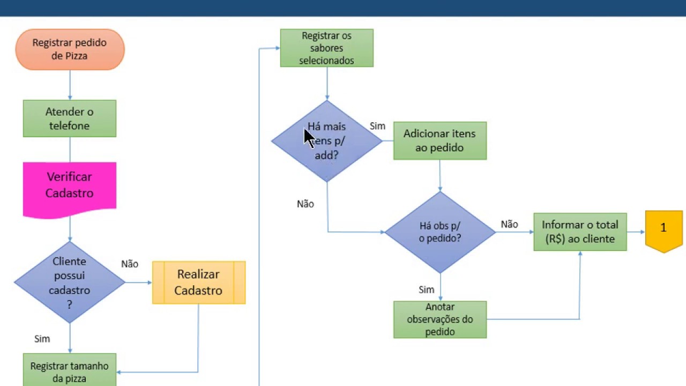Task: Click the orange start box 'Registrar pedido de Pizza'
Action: point(70,49)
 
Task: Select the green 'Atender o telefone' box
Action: point(70,118)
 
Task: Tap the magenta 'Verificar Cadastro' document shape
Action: point(70,190)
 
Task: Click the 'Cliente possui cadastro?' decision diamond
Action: point(70,282)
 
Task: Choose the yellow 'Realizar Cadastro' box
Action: point(199,283)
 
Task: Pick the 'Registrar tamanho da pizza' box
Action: point(70,370)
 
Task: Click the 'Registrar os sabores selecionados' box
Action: point(327,48)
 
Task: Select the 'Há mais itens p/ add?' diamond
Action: point(327,141)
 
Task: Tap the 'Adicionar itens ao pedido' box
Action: point(440,140)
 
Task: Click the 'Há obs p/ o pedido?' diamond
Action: point(440,232)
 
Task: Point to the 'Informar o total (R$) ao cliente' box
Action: point(580,232)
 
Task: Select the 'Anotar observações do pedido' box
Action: point(440,320)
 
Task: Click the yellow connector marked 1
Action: point(663,231)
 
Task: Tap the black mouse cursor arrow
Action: point(309,138)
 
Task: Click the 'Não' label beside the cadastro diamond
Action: point(130,264)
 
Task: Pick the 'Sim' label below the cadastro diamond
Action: point(42,339)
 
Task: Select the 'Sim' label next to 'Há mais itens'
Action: point(377,126)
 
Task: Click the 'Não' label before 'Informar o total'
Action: point(509,224)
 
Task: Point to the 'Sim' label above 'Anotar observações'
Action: point(426,289)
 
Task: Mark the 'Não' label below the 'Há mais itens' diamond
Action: point(305,204)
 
